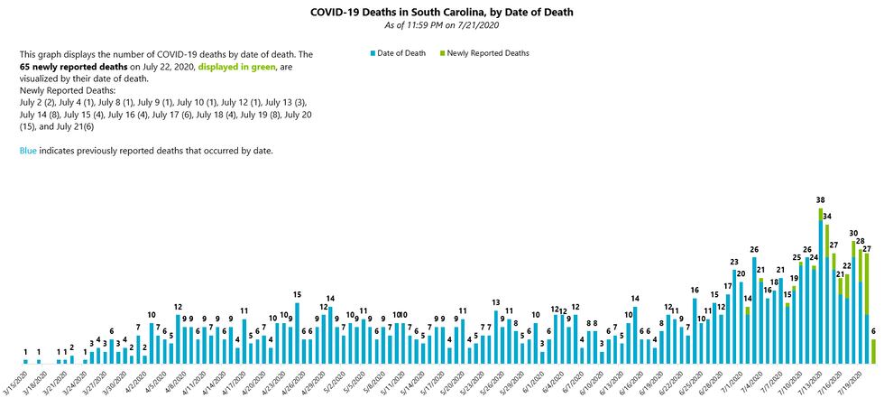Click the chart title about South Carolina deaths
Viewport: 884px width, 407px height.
(441, 12)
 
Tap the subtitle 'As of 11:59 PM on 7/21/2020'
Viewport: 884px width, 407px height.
(441, 24)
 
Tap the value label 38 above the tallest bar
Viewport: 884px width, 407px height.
(820, 199)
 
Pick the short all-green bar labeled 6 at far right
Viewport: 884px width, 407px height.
(873, 351)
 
